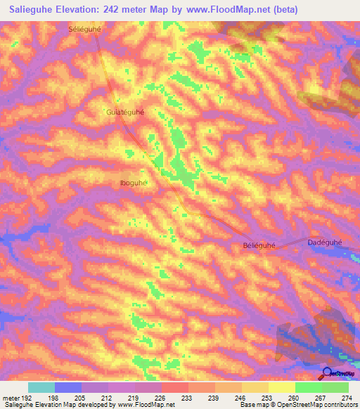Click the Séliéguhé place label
[x=86, y=30]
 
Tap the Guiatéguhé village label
[x=124, y=112]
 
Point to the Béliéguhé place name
[x=258, y=245]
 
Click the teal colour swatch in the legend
[x=41, y=387]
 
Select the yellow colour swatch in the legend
[x=281, y=387]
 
